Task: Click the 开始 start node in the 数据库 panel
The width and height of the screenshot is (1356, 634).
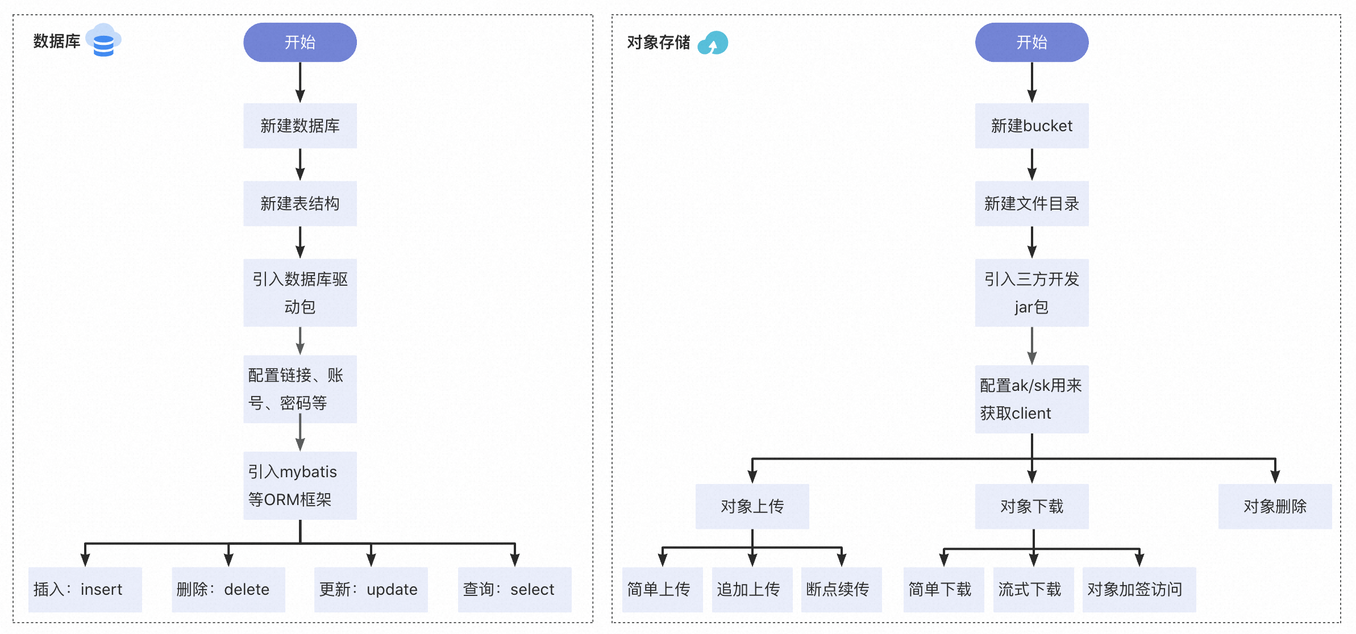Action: pos(300,43)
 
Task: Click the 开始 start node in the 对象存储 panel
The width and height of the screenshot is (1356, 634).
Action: pos(1031,43)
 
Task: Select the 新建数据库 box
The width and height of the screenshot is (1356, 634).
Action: pos(300,126)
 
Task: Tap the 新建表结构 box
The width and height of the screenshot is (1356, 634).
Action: pos(300,203)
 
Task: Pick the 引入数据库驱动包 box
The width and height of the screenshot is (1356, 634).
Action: pos(300,293)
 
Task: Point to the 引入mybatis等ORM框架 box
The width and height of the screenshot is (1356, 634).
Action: pos(300,485)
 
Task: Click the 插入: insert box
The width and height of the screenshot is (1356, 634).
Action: pos(85,589)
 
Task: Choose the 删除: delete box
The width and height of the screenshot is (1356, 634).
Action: pos(228,589)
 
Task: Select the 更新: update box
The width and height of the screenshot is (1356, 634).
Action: pos(371,589)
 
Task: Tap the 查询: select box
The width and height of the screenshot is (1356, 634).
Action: pos(514,589)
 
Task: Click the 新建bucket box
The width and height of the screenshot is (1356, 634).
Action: pos(1031,126)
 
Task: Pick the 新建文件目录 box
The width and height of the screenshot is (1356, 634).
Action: pos(1031,203)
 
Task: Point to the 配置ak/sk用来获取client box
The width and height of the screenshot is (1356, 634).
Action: pos(1031,399)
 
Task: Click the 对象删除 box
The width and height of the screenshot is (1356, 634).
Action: pos(1275,506)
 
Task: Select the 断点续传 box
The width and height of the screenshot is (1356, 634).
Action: pos(841,589)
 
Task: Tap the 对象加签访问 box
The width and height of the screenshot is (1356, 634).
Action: pos(1138,589)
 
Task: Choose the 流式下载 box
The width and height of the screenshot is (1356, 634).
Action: pos(1033,589)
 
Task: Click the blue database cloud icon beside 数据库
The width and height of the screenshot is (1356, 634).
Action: pos(103,40)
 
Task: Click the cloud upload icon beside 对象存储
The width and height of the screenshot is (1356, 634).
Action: pos(713,43)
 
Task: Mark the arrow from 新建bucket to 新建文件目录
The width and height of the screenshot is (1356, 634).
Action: pos(1032,165)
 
